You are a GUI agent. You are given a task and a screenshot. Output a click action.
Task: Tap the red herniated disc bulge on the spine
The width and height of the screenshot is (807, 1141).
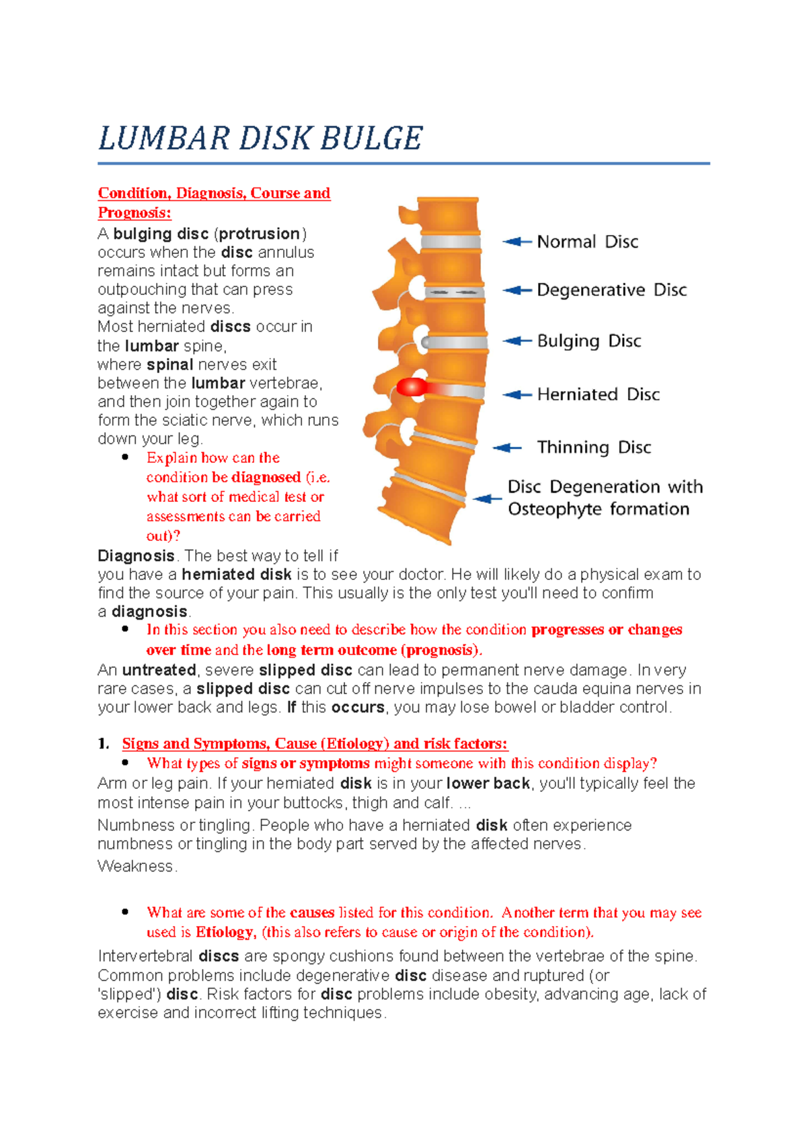pyautogui.click(x=411, y=388)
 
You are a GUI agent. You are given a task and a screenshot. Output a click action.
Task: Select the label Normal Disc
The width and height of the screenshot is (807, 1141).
pyautogui.click(x=587, y=242)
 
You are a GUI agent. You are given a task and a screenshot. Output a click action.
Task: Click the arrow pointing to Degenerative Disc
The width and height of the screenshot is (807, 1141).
pyautogui.click(x=517, y=290)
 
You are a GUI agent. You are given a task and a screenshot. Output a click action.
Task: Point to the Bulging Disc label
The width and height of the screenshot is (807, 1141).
pyautogui.click(x=588, y=341)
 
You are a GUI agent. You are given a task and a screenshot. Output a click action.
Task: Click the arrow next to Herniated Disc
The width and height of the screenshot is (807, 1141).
pyautogui.click(x=517, y=394)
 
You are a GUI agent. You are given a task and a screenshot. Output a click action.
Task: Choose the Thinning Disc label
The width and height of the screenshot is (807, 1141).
pyautogui.click(x=594, y=448)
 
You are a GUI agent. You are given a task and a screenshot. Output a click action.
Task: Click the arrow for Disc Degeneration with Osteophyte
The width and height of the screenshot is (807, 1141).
pyautogui.click(x=487, y=499)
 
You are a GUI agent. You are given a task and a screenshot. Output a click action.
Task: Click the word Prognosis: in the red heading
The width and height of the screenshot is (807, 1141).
pyautogui.click(x=134, y=213)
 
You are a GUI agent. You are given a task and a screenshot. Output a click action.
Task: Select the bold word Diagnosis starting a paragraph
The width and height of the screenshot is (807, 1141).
pyautogui.click(x=136, y=556)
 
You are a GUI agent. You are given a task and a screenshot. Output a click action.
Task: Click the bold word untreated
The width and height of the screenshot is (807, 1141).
pyautogui.click(x=159, y=671)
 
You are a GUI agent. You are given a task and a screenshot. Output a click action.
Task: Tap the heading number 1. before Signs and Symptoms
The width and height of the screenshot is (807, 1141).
pyautogui.click(x=103, y=744)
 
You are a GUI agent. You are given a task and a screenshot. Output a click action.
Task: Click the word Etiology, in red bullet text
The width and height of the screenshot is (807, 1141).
pyautogui.click(x=225, y=933)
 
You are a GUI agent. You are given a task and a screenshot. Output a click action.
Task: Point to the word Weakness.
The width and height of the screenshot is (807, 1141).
pyautogui.click(x=136, y=867)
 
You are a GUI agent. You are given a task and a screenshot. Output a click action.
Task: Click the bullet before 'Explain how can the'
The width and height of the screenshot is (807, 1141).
pyautogui.click(x=125, y=458)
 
